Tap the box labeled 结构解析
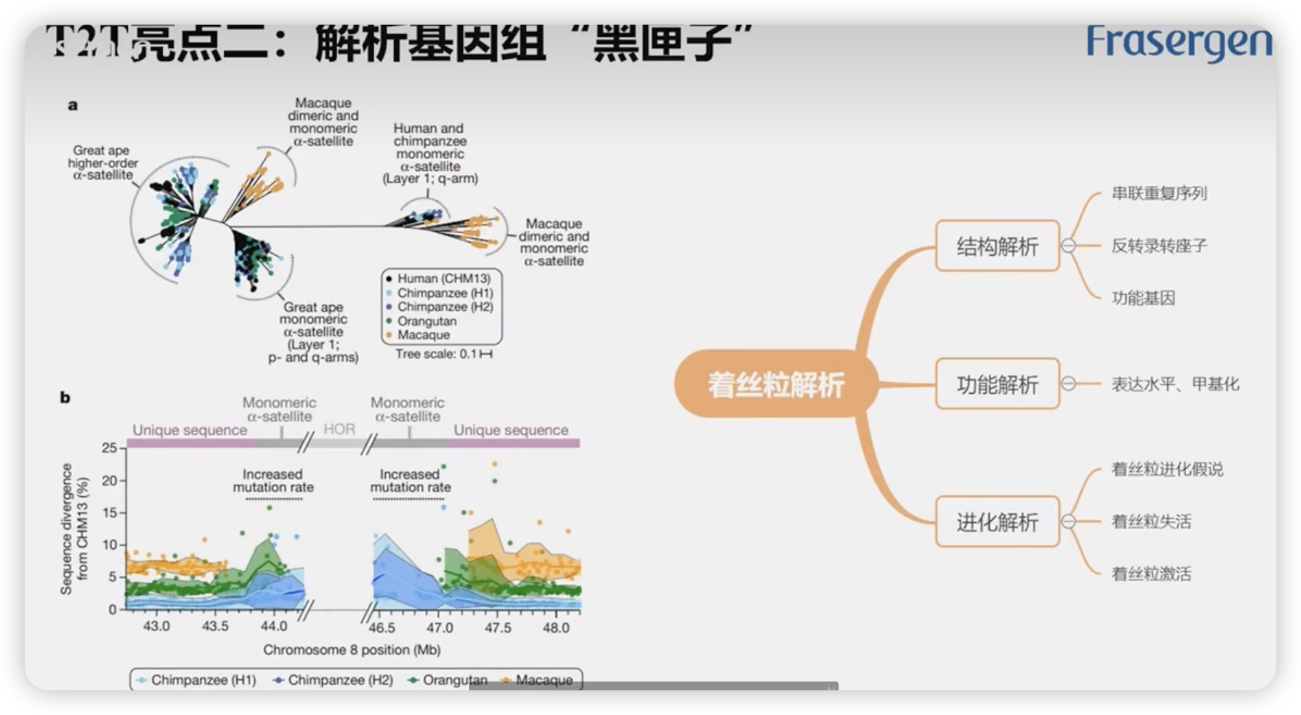(x=997, y=246)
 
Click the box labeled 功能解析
(x=997, y=385)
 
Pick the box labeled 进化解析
(x=997, y=522)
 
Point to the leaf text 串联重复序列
(x=1159, y=193)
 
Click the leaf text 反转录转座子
(x=1159, y=246)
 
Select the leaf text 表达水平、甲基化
(x=1174, y=384)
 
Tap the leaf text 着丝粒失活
(x=1151, y=522)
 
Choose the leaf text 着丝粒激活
(x=1151, y=574)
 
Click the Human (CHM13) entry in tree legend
(x=443, y=279)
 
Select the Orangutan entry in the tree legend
(x=426, y=321)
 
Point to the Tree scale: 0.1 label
(x=443, y=354)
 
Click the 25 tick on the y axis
(x=109, y=448)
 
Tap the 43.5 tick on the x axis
(x=215, y=628)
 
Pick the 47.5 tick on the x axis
(x=497, y=628)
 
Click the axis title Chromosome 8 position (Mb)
(x=352, y=650)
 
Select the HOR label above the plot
(x=339, y=429)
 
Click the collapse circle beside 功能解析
(x=1068, y=384)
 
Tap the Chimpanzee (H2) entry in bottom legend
(x=339, y=680)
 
